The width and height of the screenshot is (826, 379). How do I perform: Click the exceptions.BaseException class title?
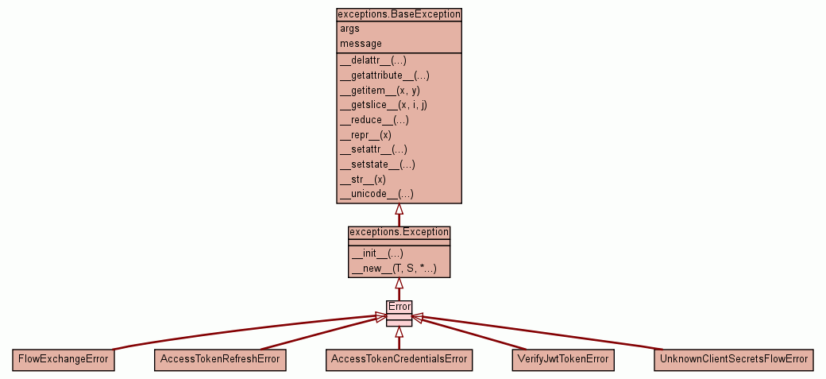pos(399,14)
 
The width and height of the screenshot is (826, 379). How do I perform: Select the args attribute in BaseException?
pos(349,29)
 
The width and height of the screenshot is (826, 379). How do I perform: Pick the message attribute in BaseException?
pos(361,44)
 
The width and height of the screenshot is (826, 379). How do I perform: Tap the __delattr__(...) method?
pos(373,60)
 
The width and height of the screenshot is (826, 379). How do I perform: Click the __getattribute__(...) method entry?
pos(384,75)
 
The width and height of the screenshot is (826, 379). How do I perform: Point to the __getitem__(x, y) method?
pos(380,91)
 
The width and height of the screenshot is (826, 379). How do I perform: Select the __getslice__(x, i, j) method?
pos(383,105)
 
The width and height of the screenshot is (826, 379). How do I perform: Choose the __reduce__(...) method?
pos(374,120)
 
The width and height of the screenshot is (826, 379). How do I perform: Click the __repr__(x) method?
pos(365,135)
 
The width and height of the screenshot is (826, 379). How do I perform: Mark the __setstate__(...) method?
pos(377,164)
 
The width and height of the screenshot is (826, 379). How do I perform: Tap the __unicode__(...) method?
pos(376,194)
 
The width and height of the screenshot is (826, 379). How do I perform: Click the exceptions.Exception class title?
pos(399,232)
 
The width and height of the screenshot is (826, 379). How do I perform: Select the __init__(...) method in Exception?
pos(371,253)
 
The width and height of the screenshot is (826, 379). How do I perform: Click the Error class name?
pos(399,307)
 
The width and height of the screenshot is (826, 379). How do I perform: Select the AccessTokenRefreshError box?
pos(220,359)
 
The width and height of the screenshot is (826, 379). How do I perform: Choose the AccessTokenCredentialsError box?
pos(399,359)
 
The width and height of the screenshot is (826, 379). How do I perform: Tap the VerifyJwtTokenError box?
pos(563,359)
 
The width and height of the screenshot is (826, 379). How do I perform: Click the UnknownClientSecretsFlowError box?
pos(734,359)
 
